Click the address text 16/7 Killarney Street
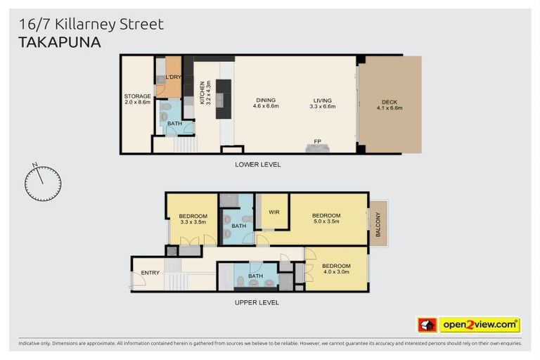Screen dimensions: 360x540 point(89,25)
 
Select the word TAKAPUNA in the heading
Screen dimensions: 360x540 point(59,42)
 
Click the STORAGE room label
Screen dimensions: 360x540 point(138,99)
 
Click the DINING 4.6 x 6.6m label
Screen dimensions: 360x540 point(266,103)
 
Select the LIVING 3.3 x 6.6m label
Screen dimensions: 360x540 point(323,103)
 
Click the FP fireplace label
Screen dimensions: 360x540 point(318,143)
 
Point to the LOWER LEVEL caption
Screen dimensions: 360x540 point(258,164)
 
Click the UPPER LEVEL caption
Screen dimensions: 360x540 point(257,302)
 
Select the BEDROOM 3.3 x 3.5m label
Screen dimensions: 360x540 point(193,219)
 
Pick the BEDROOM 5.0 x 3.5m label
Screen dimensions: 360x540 point(326,218)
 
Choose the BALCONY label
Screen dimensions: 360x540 point(378,224)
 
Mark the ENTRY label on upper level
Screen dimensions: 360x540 point(150,273)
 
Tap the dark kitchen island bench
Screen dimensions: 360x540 point(223,98)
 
